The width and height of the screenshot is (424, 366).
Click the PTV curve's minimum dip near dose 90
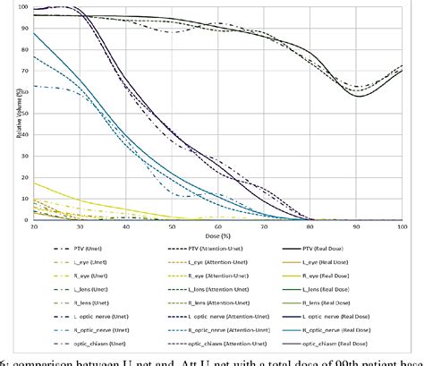(359, 95)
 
